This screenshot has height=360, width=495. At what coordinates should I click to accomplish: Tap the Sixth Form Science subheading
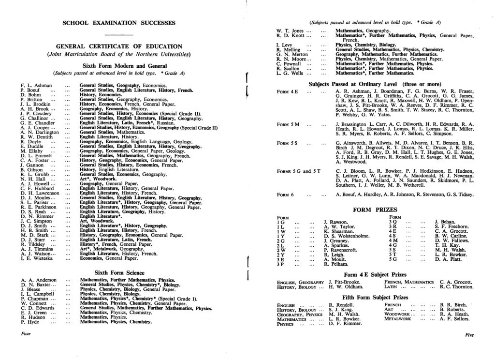point(119,273)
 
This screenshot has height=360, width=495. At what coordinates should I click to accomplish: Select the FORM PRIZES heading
point(375,210)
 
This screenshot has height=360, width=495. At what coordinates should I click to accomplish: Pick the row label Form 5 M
point(289,124)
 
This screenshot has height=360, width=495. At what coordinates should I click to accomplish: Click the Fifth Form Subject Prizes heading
point(375,297)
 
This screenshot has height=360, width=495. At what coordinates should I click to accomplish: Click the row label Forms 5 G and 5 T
point(299,171)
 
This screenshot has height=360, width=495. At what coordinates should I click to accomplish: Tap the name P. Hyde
point(30,322)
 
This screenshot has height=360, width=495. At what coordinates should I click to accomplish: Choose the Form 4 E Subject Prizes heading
point(375,274)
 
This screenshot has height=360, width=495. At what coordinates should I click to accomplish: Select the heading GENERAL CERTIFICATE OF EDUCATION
point(119,46)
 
